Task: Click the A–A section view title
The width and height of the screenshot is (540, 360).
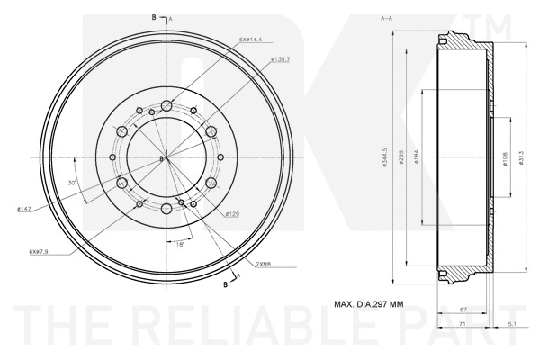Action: coord(386,18)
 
